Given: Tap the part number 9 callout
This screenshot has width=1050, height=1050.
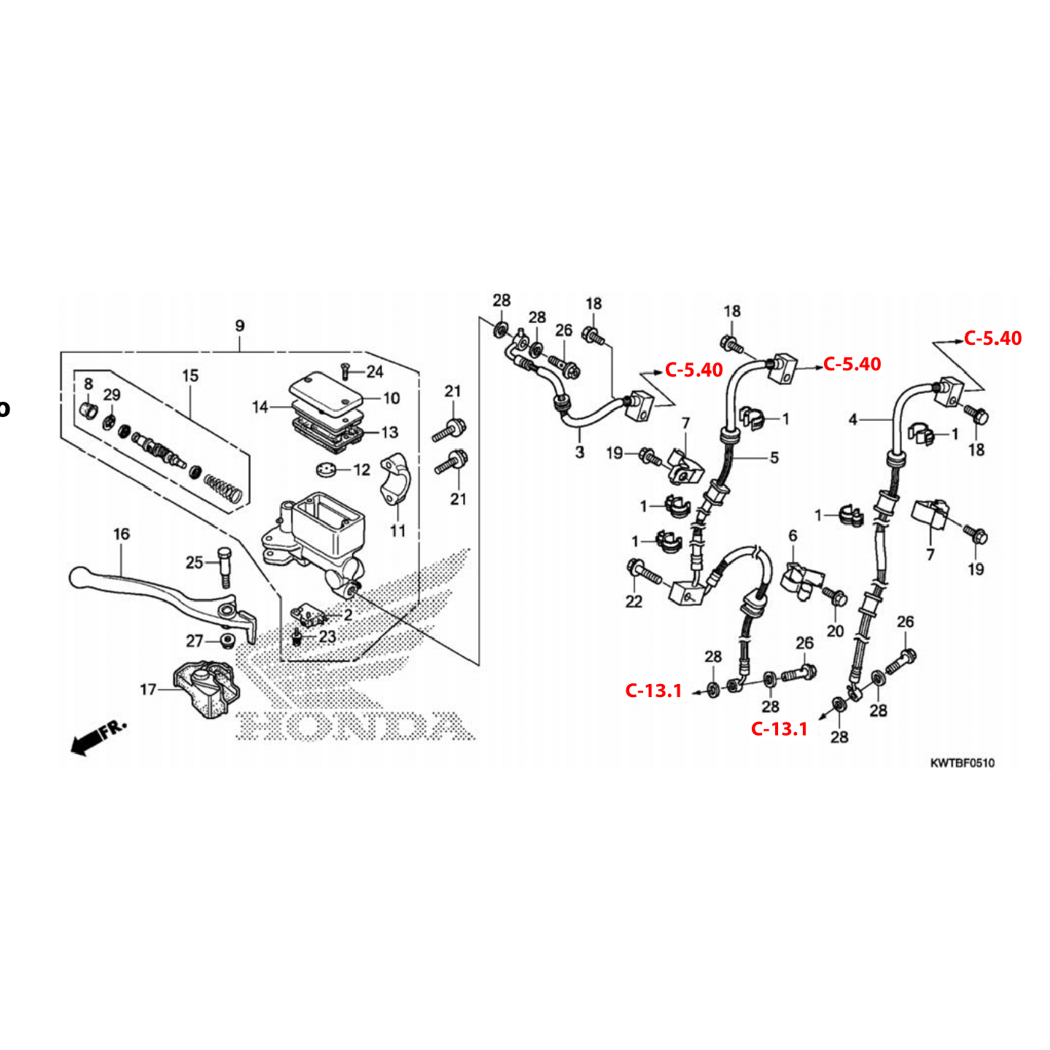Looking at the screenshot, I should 240,326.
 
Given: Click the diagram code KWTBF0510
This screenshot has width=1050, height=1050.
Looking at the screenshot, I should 962,763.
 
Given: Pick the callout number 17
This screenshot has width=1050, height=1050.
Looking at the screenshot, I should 148,689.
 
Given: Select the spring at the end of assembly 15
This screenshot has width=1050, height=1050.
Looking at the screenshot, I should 222,486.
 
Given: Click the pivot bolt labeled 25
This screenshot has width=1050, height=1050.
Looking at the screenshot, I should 223,566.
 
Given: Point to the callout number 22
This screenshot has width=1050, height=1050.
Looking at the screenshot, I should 634,601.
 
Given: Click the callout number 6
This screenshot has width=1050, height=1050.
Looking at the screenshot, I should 793,536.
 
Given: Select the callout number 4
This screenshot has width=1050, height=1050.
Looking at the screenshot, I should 853,419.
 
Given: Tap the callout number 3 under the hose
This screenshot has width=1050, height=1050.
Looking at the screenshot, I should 580,452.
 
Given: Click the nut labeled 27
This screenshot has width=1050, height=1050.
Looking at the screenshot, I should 225,641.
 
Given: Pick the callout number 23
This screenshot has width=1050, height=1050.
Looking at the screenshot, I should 327,637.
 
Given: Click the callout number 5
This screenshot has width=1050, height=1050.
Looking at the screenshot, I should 774,457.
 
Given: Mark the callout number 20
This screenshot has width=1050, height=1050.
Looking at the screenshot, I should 836,631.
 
